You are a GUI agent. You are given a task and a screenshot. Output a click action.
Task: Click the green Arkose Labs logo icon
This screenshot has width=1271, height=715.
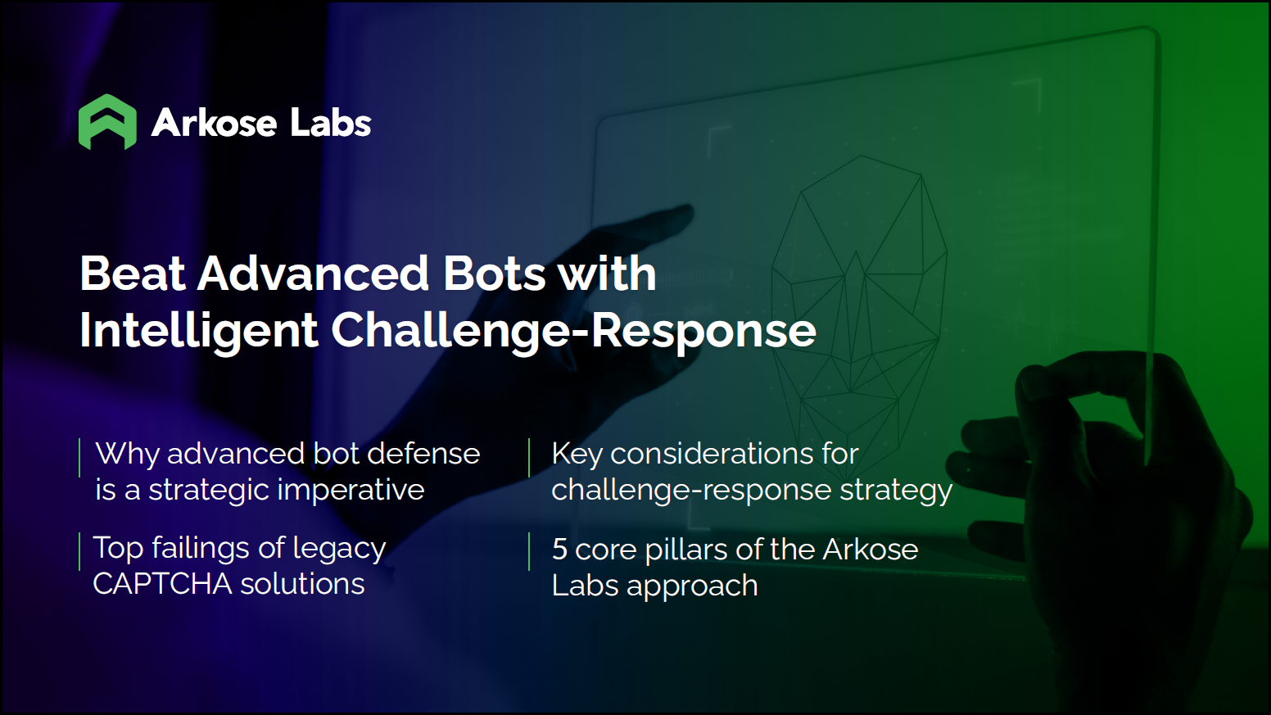coord(107,122)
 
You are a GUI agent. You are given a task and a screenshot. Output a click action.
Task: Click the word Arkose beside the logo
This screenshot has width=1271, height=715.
coord(215,123)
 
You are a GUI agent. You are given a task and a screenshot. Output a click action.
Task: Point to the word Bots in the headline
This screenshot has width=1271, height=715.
coord(494,274)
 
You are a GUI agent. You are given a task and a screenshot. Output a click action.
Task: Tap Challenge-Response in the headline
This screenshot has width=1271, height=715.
coord(573,331)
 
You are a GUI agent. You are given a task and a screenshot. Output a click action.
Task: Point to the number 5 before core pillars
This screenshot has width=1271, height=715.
coord(559,550)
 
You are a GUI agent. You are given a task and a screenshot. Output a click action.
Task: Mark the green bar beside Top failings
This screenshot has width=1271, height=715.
coord(79,551)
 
